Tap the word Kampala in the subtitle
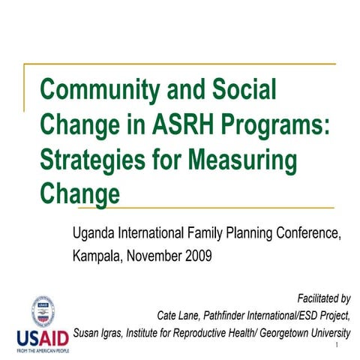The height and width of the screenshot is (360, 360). coord(98,256)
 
